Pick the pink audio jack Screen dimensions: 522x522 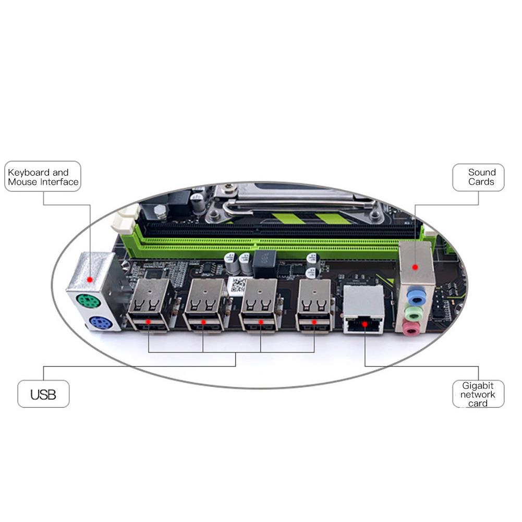[412, 328]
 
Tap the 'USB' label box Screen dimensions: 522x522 [43, 394]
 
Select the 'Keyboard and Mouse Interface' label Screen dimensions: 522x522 [43, 177]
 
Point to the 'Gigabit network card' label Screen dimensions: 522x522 [478, 394]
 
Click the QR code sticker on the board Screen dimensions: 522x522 [238, 285]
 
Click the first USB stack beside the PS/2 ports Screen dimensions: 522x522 [150, 305]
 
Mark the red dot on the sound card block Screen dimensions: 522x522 [416, 267]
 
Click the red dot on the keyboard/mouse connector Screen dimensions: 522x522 [90, 280]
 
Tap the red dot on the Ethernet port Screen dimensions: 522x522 [365, 324]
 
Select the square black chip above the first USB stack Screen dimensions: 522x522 [153, 273]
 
